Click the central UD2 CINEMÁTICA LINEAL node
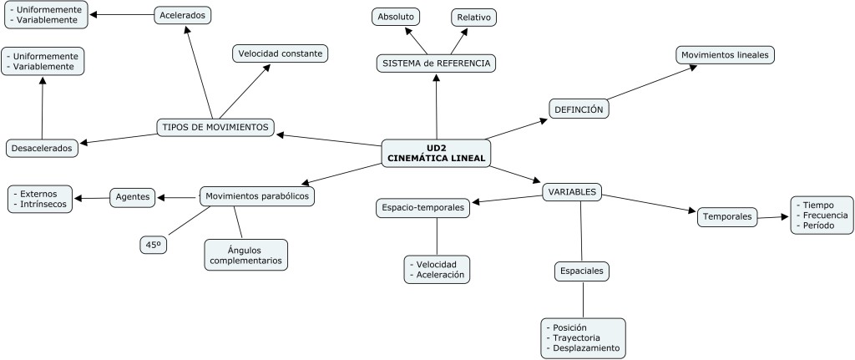pyautogui.click(x=436, y=153)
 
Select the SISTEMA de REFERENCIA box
pyautogui.click(x=436, y=63)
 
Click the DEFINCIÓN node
pyautogui.click(x=579, y=109)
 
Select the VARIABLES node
pyautogui.click(x=572, y=192)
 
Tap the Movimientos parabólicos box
pyautogui.click(x=257, y=196)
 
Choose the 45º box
pyautogui.click(x=154, y=245)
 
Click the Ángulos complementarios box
pyautogui.click(x=245, y=255)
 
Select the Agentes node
pyautogui.click(x=134, y=197)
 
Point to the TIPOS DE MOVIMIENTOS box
pyautogui.click(x=215, y=127)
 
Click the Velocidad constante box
pyautogui.click(x=281, y=53)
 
